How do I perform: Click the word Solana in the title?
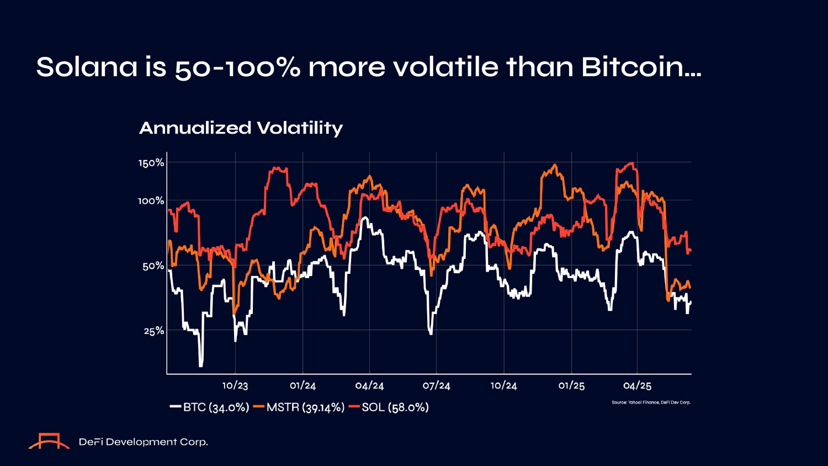(x=87, y=67)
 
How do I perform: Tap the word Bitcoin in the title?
(x=640, y=67)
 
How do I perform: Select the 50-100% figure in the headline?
(x=238, y=67)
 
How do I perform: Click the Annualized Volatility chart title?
(x=241, y=128)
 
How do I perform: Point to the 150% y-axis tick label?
(x=151, y=163)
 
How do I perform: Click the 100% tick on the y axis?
(x=151, y=200)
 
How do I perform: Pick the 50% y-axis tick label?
(x=153, y=266)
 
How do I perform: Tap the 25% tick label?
(x=154, y=331)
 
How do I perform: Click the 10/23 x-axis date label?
(x=236, y=385)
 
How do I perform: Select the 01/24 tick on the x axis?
(x=302, y=385)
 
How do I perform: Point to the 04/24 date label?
(x=369, y=385)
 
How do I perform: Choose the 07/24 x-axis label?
(x=437, y=385)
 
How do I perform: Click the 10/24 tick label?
(x=503, y=385)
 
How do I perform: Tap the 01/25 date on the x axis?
(x=571, y=385)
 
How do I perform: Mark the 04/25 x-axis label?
(x=638, y=385)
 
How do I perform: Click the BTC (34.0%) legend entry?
(x=210, y=407)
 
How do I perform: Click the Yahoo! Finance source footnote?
(x=651, y=403)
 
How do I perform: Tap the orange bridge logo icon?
(x=49, y=441)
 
